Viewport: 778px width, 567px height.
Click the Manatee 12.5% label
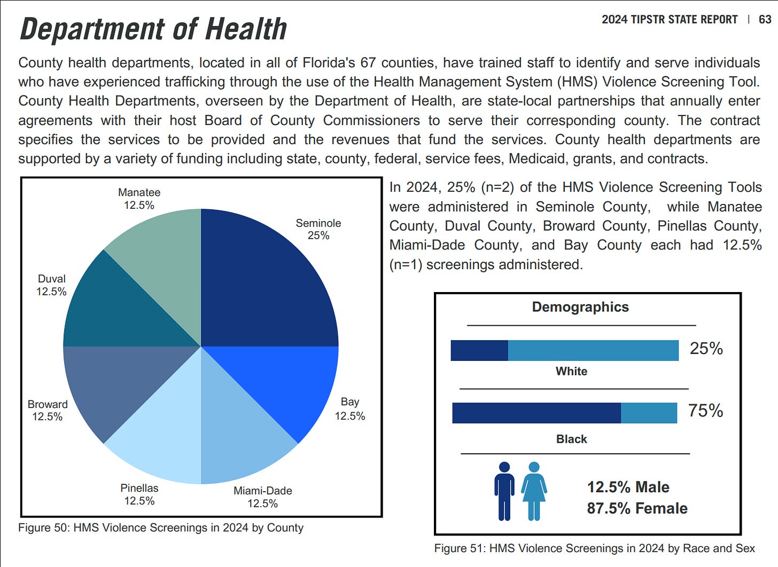coord(139,199)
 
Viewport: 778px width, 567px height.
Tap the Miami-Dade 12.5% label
coord(262,497)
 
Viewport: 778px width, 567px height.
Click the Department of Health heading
coord(153,29)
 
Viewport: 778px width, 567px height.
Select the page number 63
coord(765,20)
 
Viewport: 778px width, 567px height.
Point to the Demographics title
coord(580,307)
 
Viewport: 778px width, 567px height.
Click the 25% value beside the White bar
coord(706,349)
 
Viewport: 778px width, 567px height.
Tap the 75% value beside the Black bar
coord(705,411)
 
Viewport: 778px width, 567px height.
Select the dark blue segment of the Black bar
coord(536,413)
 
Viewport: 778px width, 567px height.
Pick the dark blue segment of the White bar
coord(479,350)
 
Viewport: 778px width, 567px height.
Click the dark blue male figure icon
coord(504,491)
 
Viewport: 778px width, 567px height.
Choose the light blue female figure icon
coord(534,491)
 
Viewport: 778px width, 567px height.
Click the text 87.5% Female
coord(637,508)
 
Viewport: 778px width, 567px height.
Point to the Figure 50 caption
coord(161,528)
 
